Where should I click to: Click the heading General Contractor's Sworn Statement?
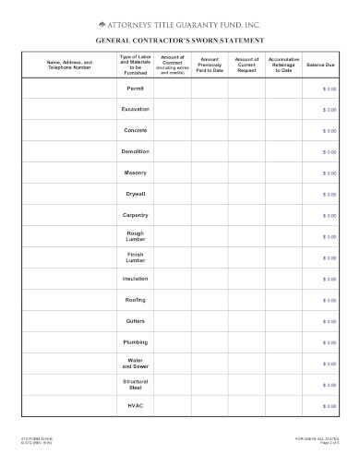pyautogui.click(x=180, y=41)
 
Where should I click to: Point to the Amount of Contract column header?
pyautogui.click(x=172, y=65)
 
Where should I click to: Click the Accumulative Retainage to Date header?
pyautogui.click(x=283, y=65)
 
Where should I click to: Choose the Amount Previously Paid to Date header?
pyautogui.click(x=210, y=65)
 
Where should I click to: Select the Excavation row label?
pyautogui.click(x=136, y=109)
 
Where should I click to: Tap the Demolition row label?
pyautogui.click(x=136, y=151)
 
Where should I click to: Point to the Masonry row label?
pyautogui.click(x=136, y=173)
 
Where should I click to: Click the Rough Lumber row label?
pyautogui.click(x=136, y=236)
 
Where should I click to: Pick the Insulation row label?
pyautogui.click(x=136, y=278)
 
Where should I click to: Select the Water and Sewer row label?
pyautogui.click(x=136, y=363)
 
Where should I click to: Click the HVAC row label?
pyautogui.click(x=136, y=404)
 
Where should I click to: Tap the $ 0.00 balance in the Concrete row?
pyautogui.click(x=330, y=131)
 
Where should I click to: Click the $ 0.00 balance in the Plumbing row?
pyautogui.click(x=330, y=342)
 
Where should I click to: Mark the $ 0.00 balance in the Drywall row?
pyautogui.click(x=330, y=195)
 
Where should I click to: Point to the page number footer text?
pyautogui.click(x=329, y=442)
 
